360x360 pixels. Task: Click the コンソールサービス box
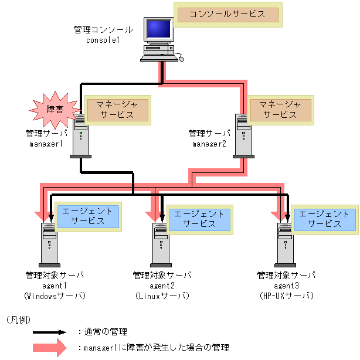click(x=228, y=15)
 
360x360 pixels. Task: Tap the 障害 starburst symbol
click(x=55, y=109)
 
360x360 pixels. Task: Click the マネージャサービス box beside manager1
click(x=117, y=109)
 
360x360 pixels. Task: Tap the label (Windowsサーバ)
click(x=55, y=296)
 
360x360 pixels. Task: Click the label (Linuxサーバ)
click(x=162, y=296)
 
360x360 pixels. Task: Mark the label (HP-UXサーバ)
click(x=287, y=296)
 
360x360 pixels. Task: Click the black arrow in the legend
click(x=53, y=332)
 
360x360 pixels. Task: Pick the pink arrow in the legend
click(x=53, y=347)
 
